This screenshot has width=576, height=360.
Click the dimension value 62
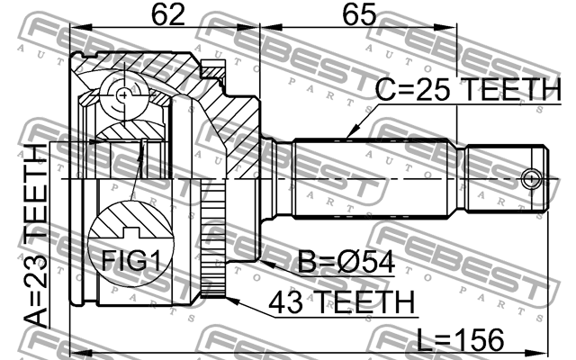click(164, 15)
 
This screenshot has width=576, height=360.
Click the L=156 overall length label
click(460, 340)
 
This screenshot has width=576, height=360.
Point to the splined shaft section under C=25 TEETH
click(378, 177)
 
